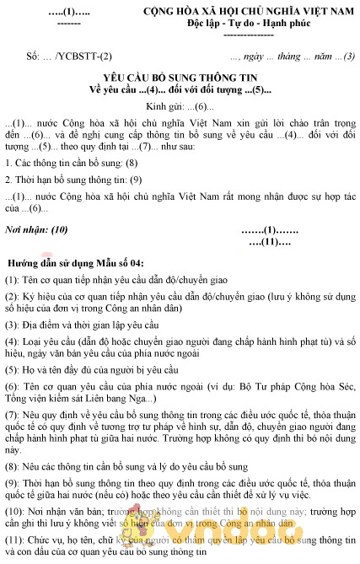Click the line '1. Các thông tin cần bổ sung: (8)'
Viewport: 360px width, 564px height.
70,160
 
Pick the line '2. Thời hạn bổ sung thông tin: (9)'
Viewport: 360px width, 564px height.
73,179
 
